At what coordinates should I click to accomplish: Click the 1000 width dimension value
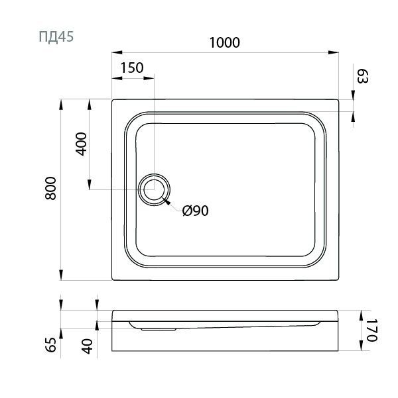(224, 42)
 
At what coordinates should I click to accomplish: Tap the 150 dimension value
(133, 68)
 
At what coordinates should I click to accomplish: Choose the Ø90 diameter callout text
(195, 211)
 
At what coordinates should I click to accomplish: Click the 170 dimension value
(371, 330)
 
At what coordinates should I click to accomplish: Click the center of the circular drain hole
(154, 189)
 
